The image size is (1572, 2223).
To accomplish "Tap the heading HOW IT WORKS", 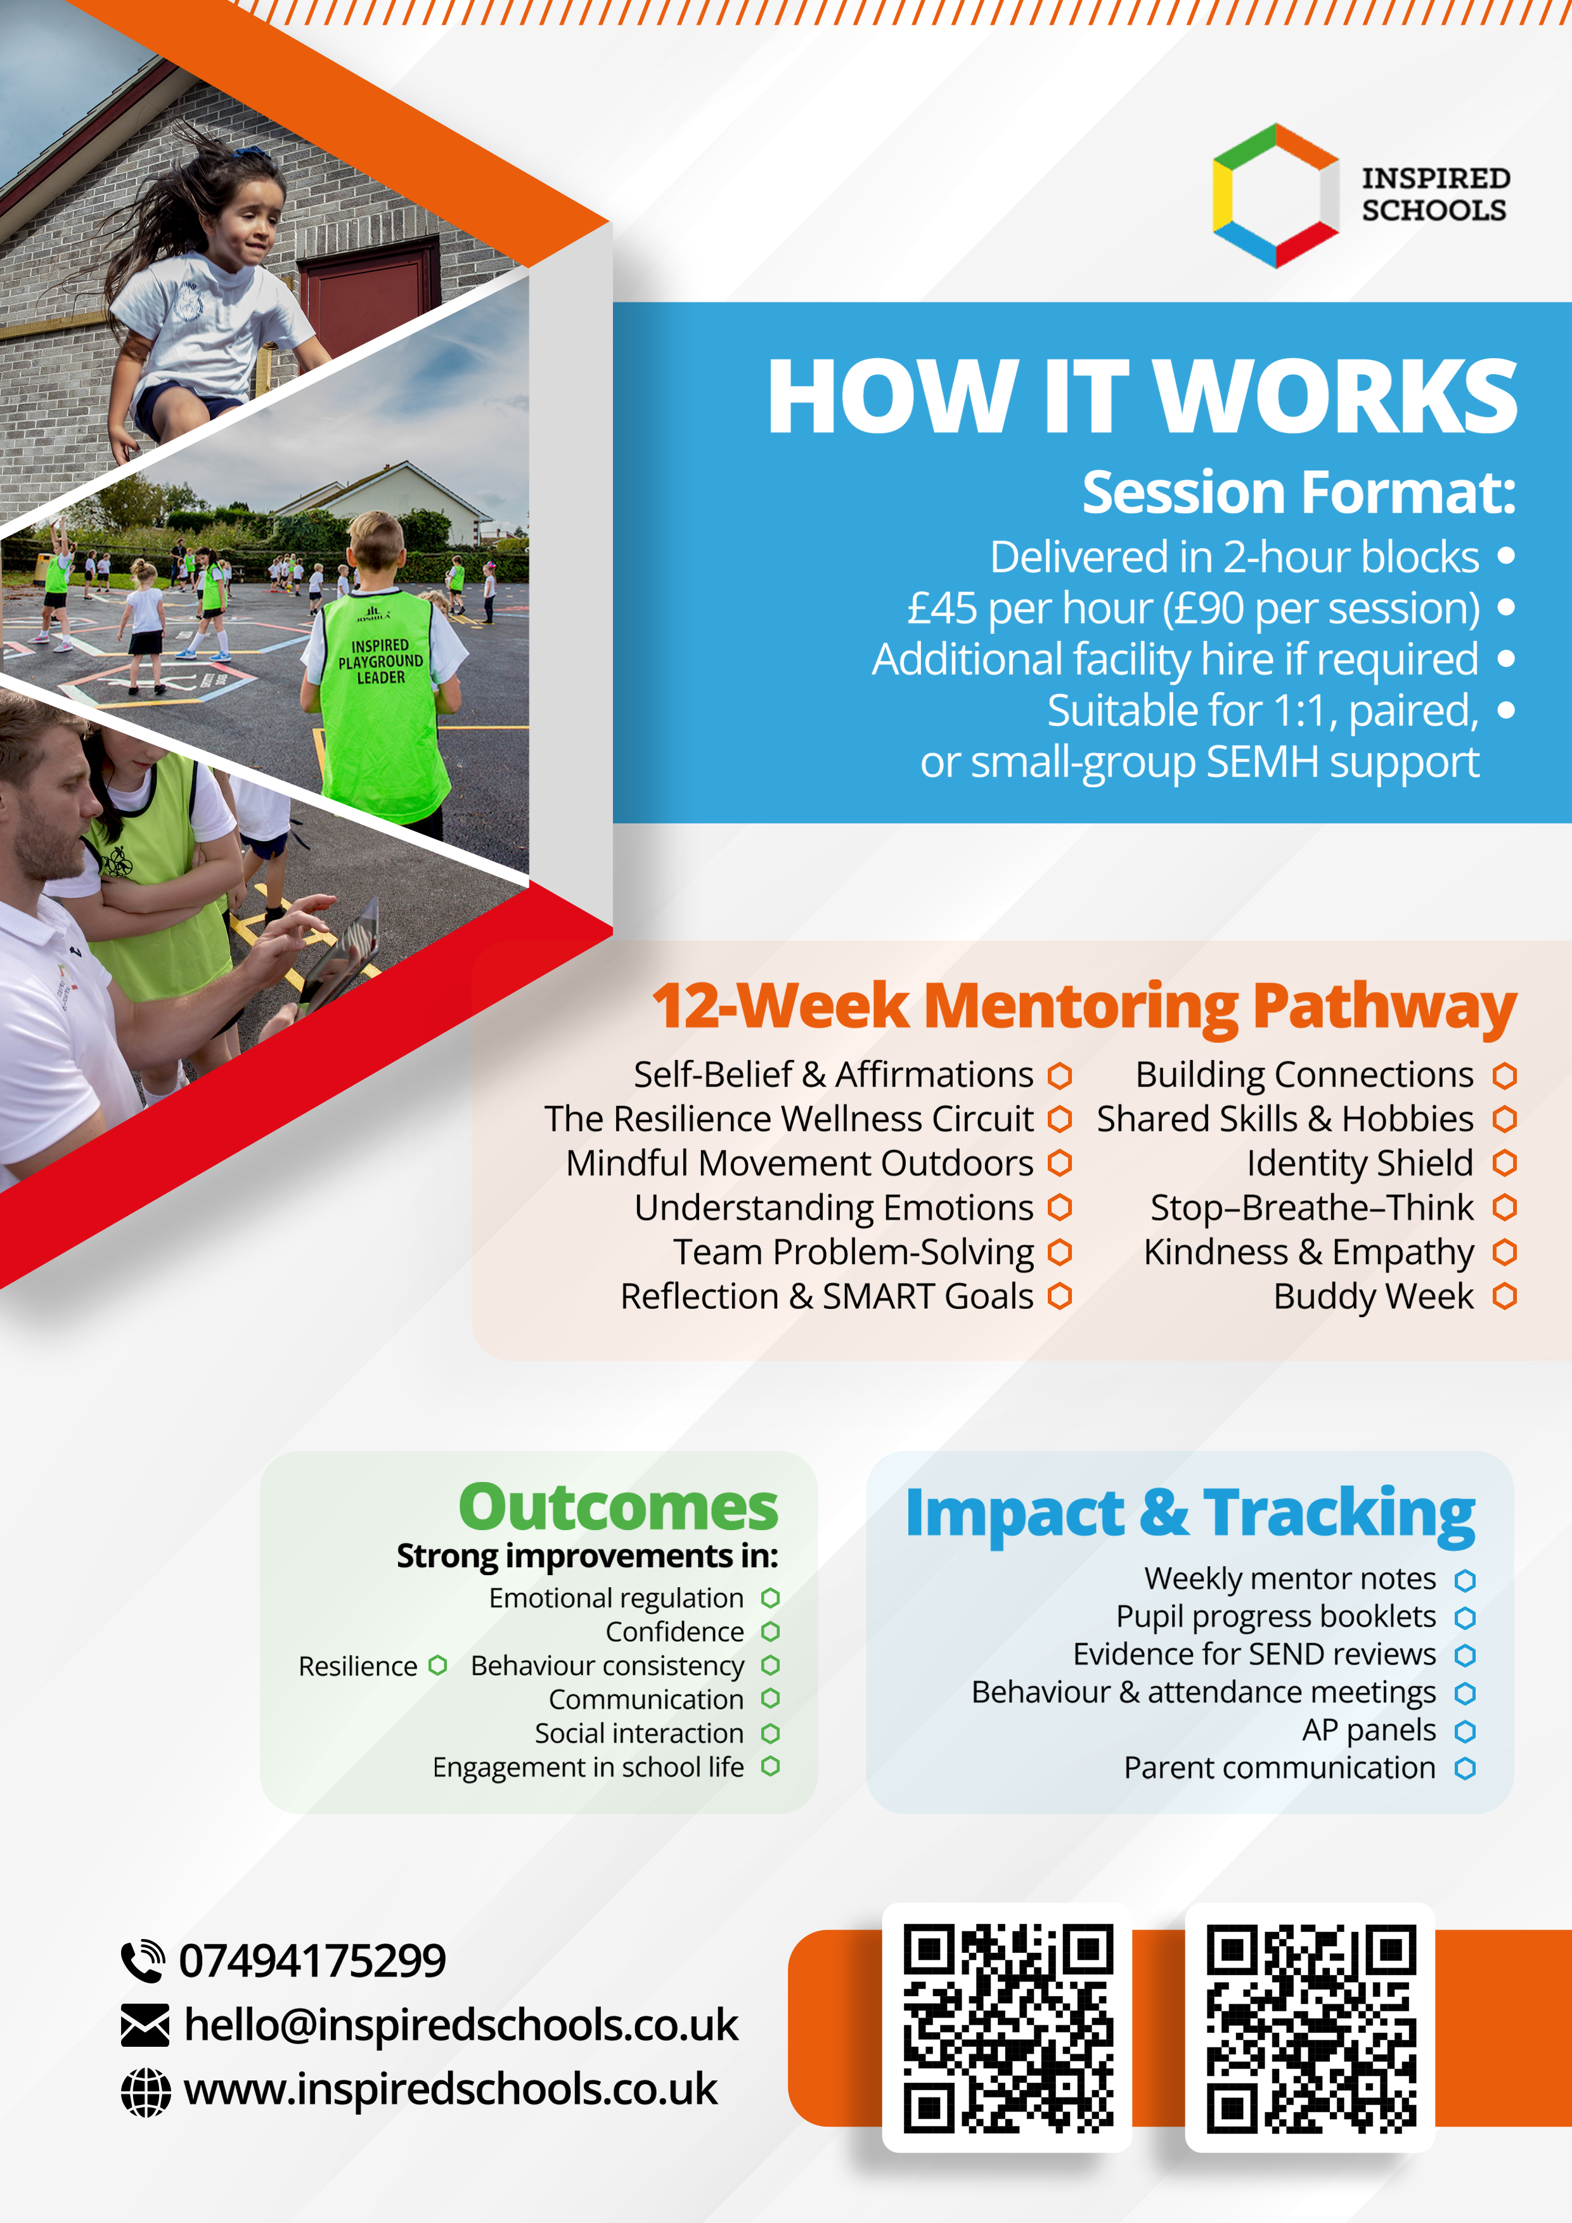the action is click(1142, 397).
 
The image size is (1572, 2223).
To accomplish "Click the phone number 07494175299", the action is click(312, 1961).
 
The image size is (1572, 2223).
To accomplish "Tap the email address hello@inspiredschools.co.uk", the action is click(461, 2025).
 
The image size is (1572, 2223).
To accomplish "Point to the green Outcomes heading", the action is click(619, 1507).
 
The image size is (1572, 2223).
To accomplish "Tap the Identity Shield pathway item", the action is click(1360, 1163).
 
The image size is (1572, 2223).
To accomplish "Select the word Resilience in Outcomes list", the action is click(357, 1666).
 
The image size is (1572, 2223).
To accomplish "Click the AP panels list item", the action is click(1369, 1730).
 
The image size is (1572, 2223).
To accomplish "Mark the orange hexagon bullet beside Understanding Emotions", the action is click(1060, 1208).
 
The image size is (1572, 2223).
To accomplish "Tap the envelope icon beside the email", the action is click(145, 2025).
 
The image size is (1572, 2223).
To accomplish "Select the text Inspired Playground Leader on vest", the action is click(380, 661).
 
